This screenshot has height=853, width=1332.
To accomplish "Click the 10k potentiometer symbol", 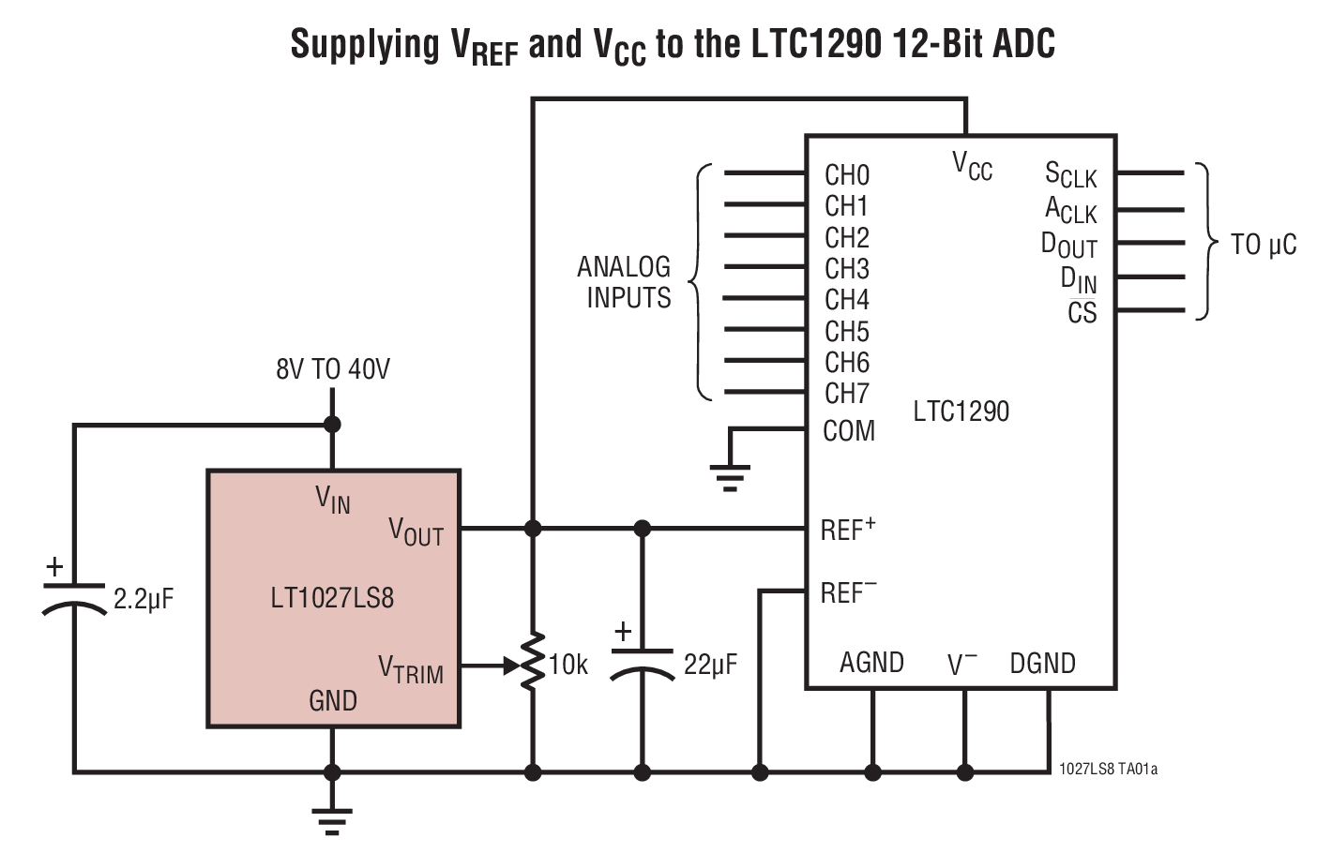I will [x=533, y=664].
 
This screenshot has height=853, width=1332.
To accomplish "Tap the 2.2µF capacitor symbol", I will [x=74, y=598].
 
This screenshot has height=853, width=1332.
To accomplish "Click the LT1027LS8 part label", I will [x=332, y=598].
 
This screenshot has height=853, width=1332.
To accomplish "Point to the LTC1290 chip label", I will [x=961, y=412].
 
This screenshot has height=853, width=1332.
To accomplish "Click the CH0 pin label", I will [x=846, y=175].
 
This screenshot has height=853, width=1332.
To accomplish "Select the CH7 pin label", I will [x=846, y=394].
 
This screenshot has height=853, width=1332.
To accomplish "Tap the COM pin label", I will [x=848, y=431].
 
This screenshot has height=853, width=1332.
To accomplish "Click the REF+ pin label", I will [x=847, y=529].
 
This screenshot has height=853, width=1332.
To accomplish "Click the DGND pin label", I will [x=1042, y=664].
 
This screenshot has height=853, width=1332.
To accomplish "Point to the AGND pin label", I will [x=871, y=663].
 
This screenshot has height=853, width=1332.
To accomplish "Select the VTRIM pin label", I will [x=411, y=669].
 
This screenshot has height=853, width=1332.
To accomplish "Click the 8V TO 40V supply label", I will [x=332, y=369].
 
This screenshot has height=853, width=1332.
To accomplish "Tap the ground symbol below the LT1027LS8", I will [x=331, y=819].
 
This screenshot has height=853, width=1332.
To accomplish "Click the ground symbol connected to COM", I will [x=730, y=477].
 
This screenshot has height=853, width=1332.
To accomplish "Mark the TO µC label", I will [x=1263, y=246].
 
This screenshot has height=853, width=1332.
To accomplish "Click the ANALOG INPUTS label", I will [x=626, y=282].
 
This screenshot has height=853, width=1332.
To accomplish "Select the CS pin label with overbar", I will [x=1082, y=312].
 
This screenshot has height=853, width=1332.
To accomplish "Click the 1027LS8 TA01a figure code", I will [x=1108, y=770].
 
